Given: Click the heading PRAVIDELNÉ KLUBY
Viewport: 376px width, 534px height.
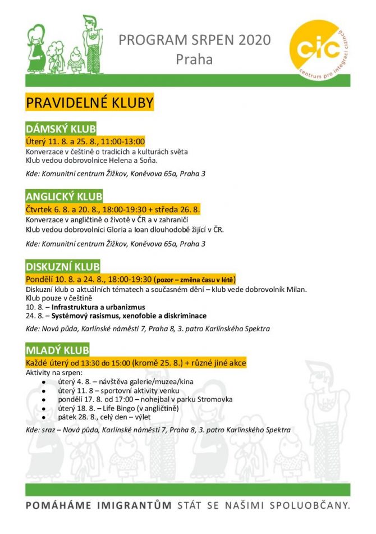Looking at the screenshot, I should [x=89, y=104].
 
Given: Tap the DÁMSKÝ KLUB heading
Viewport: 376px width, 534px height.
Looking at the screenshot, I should [x=61, y=129].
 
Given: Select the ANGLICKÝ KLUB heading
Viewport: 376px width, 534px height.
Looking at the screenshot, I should [x=64, y=196].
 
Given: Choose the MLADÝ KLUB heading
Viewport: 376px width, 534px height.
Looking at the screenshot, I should [x=57, y=351].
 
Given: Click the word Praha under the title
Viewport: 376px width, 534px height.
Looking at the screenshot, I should [x=194, y=59].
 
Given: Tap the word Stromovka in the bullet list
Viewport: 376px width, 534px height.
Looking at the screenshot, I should [x=213, y=399].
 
